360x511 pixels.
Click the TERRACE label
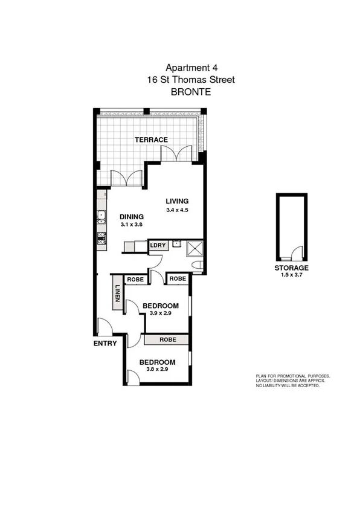coord(151,140)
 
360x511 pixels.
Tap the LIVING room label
coord(177,202)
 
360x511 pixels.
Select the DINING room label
coord(131,217)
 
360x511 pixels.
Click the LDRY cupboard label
coord(158,245)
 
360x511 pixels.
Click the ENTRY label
coord(106,344)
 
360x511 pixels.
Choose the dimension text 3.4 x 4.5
coord(178,210)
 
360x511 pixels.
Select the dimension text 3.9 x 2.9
coord(161,313)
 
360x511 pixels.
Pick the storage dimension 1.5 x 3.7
coord(291,275)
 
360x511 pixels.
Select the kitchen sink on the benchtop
coord(101,216)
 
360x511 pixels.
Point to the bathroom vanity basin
coord(177,245)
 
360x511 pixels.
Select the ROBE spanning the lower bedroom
coord(167,340)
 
